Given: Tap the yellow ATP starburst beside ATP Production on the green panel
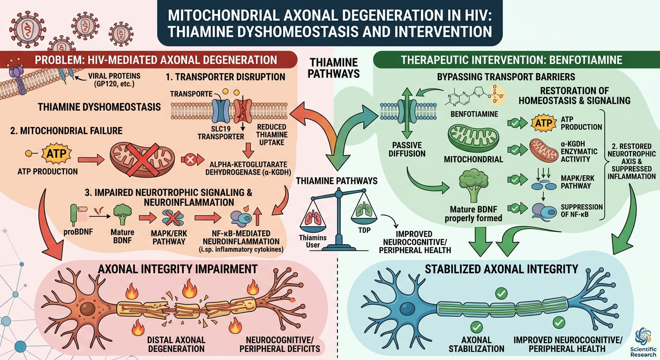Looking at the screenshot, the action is pos(543,123).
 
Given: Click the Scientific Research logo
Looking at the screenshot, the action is pos(644,343).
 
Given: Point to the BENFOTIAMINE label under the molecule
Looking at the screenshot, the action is pos(474,114).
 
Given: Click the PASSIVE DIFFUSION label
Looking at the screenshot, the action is pos(407,150).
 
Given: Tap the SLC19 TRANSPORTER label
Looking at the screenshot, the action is pos(221,133).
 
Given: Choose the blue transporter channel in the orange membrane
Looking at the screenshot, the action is pos(221,111).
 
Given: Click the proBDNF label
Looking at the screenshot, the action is pos(78,232).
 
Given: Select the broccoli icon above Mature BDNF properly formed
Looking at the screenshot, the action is pos(473,185).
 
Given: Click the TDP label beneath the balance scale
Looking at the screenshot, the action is pos(365,230).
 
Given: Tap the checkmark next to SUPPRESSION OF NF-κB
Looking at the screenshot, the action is pos(515,209).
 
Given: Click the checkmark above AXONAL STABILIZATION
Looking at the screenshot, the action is pos(476,327).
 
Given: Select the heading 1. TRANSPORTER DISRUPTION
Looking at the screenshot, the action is pos(225,77).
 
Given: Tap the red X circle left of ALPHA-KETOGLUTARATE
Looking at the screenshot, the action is pos(190,160).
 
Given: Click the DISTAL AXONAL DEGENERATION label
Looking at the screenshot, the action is pos(176,344).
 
